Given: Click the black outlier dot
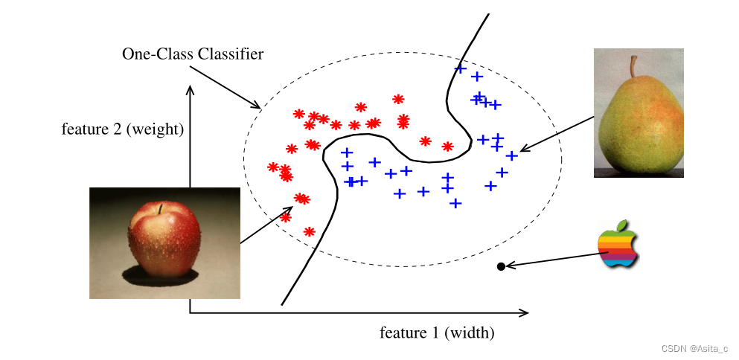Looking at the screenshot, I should (501, 266).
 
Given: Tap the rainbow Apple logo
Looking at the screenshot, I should (618, 245).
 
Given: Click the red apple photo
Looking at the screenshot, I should (164, 242).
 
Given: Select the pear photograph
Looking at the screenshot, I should (638, 113).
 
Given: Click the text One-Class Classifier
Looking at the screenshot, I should (192, 54).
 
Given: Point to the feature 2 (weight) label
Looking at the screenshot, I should (122, 129).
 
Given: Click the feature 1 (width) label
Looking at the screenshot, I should (437, 332).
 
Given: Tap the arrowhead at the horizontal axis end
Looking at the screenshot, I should (525, 313).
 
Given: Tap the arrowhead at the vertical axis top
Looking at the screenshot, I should (191, 89).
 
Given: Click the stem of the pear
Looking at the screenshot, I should (634, 66).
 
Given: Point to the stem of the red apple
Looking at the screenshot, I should (158, 208).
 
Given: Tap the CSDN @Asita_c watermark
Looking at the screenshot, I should (694, 348).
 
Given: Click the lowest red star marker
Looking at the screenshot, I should (310, 232).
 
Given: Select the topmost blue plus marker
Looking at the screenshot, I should (460, 69).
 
